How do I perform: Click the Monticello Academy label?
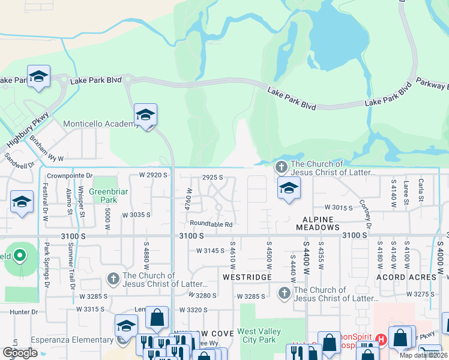click(101, 124)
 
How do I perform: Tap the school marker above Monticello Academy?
click(145, 114)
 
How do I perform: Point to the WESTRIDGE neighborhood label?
click(244, 278)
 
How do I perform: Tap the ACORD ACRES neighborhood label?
click(406, 277)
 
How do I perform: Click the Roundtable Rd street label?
click(211, 224)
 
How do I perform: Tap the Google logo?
click(20, 353)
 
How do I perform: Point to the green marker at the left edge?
click(19, 256)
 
